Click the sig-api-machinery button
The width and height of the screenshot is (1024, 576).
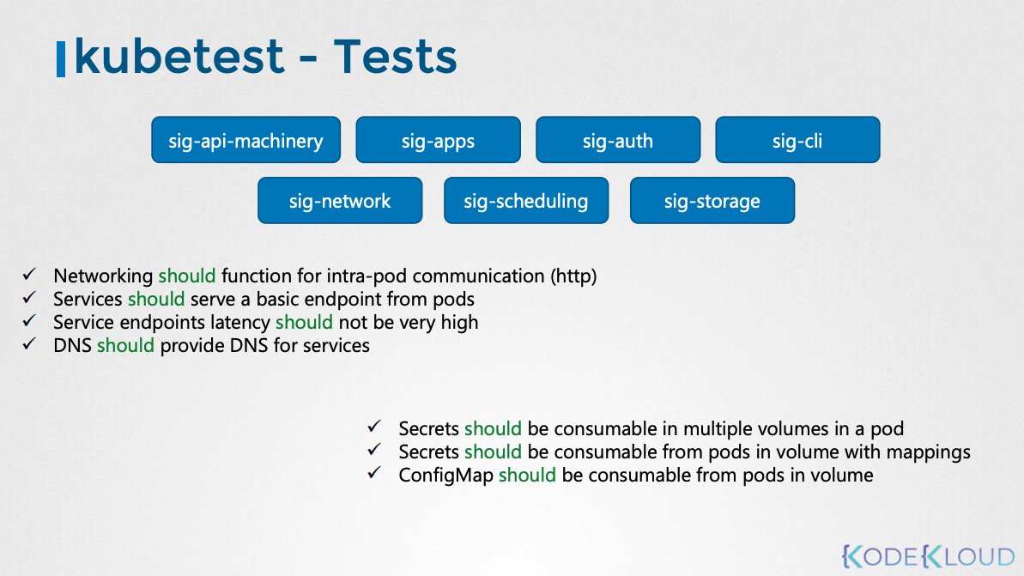point(245,140)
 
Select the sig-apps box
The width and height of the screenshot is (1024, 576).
point(439,140)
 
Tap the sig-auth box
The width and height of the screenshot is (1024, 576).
point(618,140)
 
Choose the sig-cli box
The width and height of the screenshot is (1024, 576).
point(797,140)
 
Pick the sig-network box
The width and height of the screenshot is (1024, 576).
point(340,201)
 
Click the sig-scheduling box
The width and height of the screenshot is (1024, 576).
point(526,201)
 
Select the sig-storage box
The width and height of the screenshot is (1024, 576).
point(712,201)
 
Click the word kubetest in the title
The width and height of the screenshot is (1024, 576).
point(179,56)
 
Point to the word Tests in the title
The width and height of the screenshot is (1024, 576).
point(395,56)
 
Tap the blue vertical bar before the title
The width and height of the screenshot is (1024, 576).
point(61,58)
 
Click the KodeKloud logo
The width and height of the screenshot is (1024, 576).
point(928,556)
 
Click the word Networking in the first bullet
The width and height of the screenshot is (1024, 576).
point(103,276)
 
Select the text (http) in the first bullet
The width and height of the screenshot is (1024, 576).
point(573,276)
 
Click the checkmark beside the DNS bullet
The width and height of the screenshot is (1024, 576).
point(28,343)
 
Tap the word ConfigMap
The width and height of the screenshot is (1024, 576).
point(446,476)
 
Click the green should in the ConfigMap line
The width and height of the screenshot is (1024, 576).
point(527,475)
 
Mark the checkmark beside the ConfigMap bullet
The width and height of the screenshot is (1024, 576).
point(374,473)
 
